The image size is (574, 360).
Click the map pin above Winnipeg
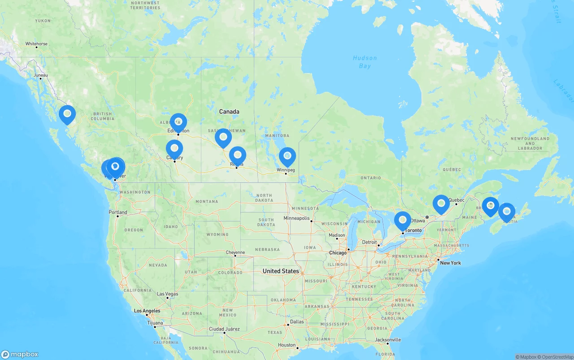tap(287, 156)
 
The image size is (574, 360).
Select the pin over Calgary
tap(174, 148)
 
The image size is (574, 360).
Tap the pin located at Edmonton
tap(178, 122)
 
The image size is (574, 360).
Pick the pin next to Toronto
tap(403, 220)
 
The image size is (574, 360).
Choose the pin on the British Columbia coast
tap(67, 114)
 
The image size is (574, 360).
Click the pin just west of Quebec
tap(441, 204)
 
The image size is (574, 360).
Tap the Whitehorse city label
tap(36, 44)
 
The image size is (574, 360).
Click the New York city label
tap(450, 263)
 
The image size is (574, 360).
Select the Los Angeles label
tap(147, 311)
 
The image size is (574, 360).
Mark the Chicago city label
tap(338, 253)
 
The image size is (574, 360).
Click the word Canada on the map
tap(229, 112)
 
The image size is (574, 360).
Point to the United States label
tap(281, 271)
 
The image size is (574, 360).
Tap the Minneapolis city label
tap(296, 218)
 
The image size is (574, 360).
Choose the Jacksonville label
tap(388, 340)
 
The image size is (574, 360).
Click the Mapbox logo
tap(19, 354)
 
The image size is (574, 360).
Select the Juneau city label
tap(40, 75)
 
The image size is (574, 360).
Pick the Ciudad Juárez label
tap(224, 329)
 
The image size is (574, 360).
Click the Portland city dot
tap(117, 216)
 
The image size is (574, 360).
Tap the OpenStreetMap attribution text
tap(557, 357)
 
